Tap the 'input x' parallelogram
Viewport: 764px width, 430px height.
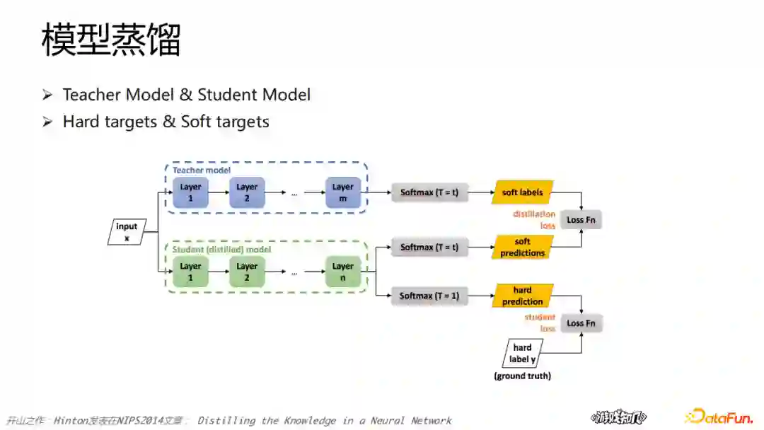(127, 232)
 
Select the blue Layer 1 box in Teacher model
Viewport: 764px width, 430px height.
(190, 192)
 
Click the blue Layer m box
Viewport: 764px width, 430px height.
(343, 192)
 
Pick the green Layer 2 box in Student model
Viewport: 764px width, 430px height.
(247, 272)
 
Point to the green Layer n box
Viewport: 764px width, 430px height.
(343, 272)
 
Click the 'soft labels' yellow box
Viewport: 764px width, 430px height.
(522, 192)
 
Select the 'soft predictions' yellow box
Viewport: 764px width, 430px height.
(522, 248)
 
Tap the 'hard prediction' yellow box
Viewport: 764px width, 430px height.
(522, 296)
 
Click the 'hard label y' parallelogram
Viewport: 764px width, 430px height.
(522, 353)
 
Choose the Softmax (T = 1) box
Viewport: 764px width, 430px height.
(429, 296)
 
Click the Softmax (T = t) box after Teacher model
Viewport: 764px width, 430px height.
(429, 192)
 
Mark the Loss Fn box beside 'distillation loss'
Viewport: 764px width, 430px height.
(581, 220)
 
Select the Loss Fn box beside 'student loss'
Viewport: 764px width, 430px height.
(581, 323)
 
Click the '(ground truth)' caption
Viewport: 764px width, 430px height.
(522, 376)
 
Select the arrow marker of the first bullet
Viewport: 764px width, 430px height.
(47, 95)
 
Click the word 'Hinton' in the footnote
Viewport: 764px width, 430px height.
(71, 421)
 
